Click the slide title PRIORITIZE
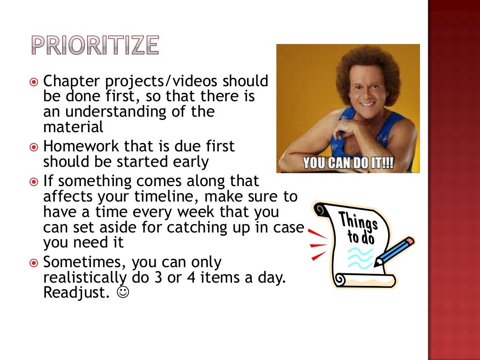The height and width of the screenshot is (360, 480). click(x=95, y=45)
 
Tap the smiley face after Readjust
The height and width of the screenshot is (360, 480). click(x=123, y=292)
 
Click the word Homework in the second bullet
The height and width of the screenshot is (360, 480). click(x=81, y=147)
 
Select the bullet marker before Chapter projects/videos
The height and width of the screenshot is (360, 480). click(x=33, y=82)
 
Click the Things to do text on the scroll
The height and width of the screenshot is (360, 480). click(x=358, y=227)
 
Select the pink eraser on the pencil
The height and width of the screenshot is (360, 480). click(x=409, y=241)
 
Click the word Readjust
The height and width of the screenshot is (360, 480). click(x=76, y=292)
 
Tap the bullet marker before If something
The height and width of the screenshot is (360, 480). click(x=33, y=181)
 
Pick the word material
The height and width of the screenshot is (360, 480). click(x=73, y=127)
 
